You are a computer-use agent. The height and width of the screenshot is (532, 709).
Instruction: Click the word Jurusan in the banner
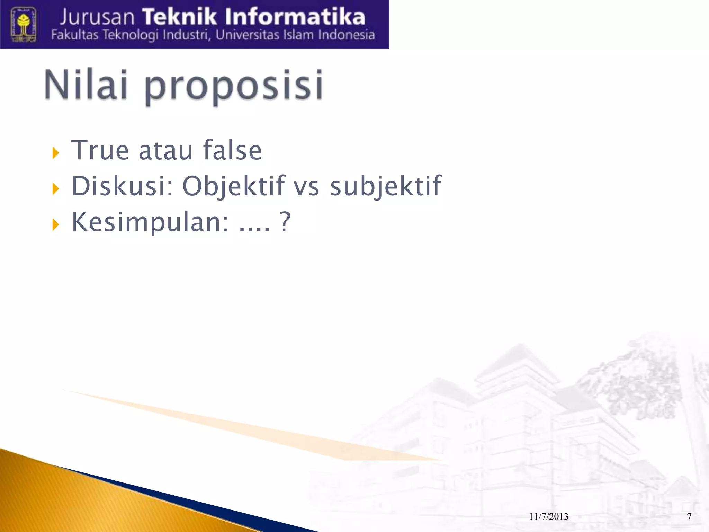[x=97, y=17]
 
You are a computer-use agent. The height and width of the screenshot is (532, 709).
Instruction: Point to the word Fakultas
[x=75, y=35]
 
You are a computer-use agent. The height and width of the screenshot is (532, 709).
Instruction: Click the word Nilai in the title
[x=86, y=85]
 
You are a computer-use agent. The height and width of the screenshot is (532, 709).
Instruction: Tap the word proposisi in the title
[x=234, y=87]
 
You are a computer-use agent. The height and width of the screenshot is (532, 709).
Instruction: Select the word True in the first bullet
[x=100, y=150]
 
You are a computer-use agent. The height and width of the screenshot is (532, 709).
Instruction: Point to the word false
[x=232, y=150]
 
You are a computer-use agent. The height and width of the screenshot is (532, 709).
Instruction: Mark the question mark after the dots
[x=285, y=222]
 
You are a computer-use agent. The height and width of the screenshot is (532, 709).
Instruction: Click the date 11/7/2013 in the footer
[x=549, y=516]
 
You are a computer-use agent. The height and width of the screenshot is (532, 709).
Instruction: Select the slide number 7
[x=689, y=516]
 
